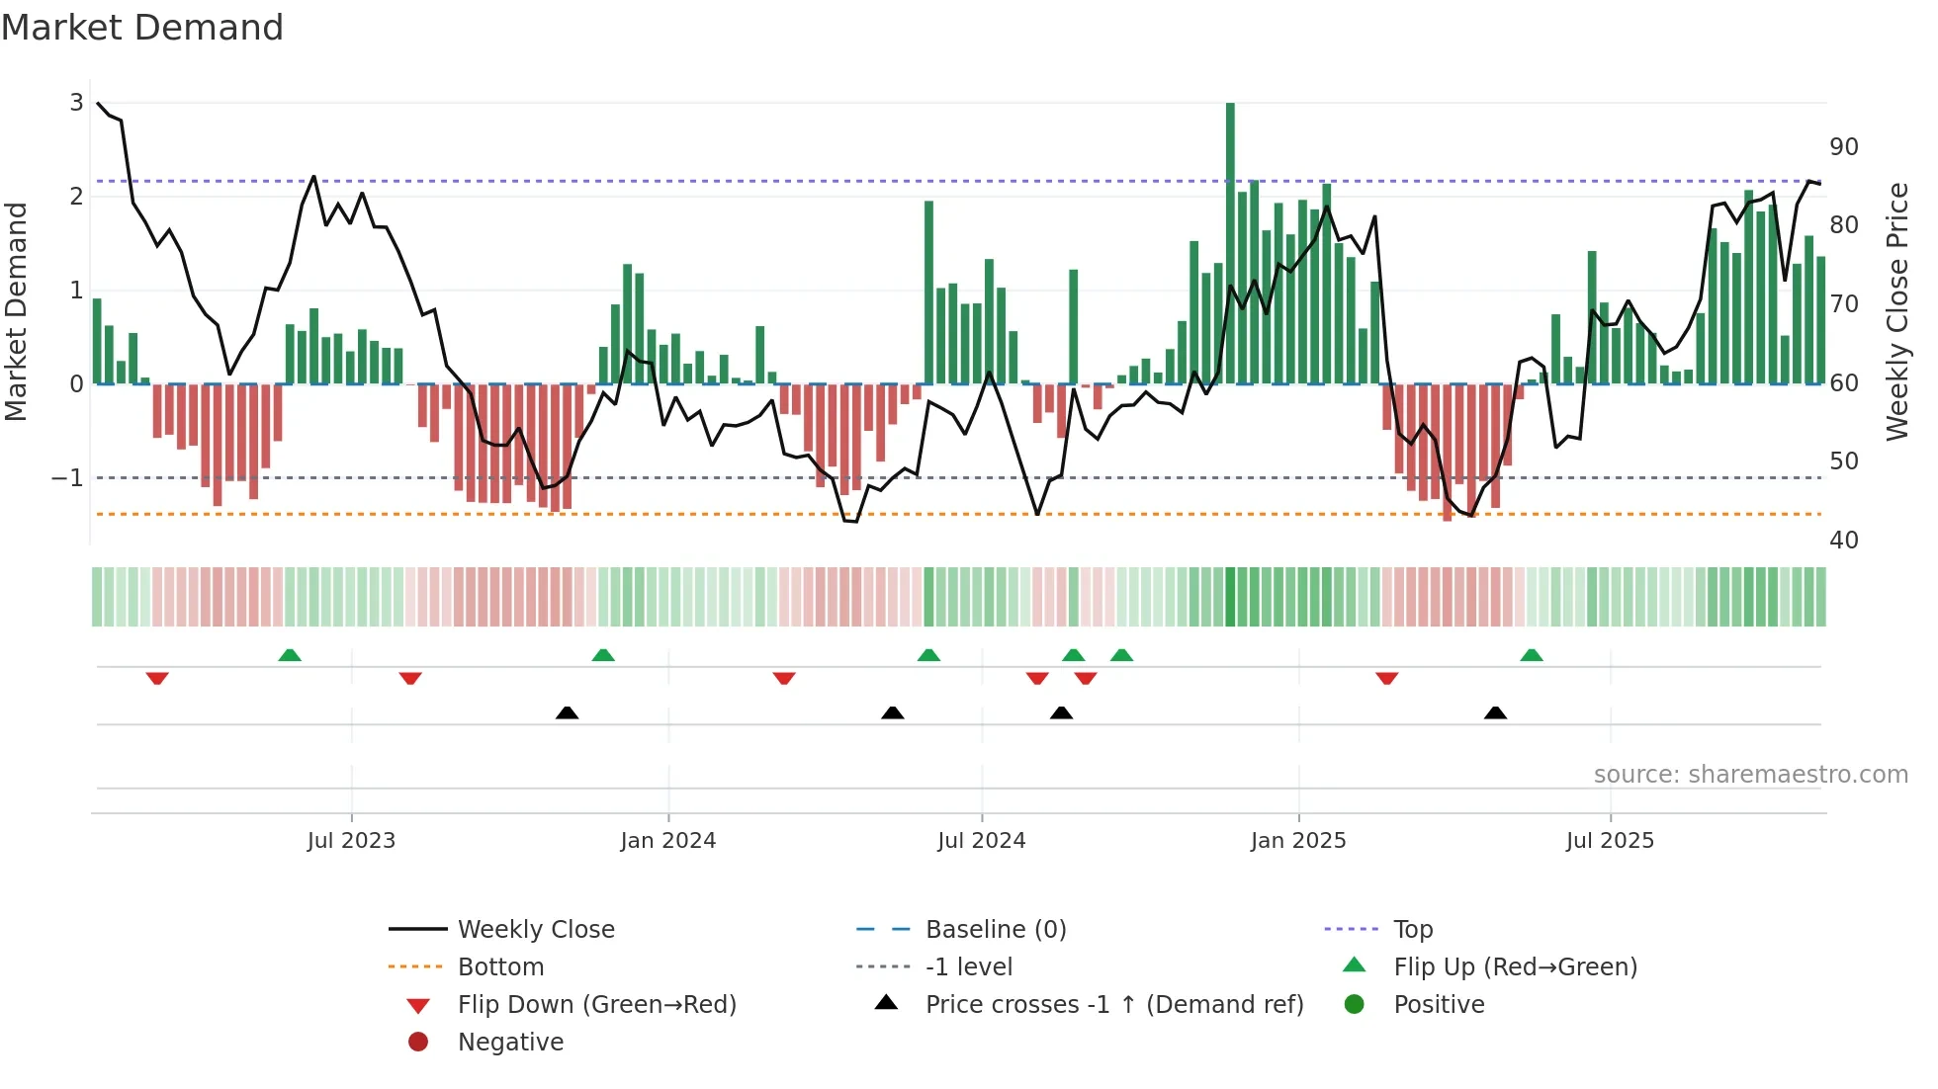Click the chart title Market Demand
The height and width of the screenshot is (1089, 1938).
click(x=142, y=28)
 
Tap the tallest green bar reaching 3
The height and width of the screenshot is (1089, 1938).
click(x=1230, y=242)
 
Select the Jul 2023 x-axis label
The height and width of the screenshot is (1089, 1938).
click(x=351, y=841)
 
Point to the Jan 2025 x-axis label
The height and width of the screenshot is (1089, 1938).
click(x=1298, y=841)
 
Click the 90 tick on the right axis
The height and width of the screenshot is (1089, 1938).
click(x=1843, y=147)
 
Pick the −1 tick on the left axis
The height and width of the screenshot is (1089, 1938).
click(x=67, y=478)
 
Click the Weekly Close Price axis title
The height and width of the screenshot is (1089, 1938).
click(x=1897, y=311)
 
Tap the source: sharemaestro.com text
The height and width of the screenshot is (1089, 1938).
click(x=1750, y=775)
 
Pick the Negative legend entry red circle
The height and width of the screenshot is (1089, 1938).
click(x=418, y=1043)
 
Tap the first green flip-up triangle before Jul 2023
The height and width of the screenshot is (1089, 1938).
click(x=290, y=655)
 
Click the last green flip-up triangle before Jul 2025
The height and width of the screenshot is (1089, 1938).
click(x=1532, y=655)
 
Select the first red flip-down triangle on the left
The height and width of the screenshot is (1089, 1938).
click(x=157, y=678)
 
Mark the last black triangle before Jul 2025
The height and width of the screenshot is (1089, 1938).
click(x=1495, y=712)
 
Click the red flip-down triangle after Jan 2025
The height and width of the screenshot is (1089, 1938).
click(x=1386, y=678)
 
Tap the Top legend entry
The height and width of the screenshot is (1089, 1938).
click(x=1412, y=930)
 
